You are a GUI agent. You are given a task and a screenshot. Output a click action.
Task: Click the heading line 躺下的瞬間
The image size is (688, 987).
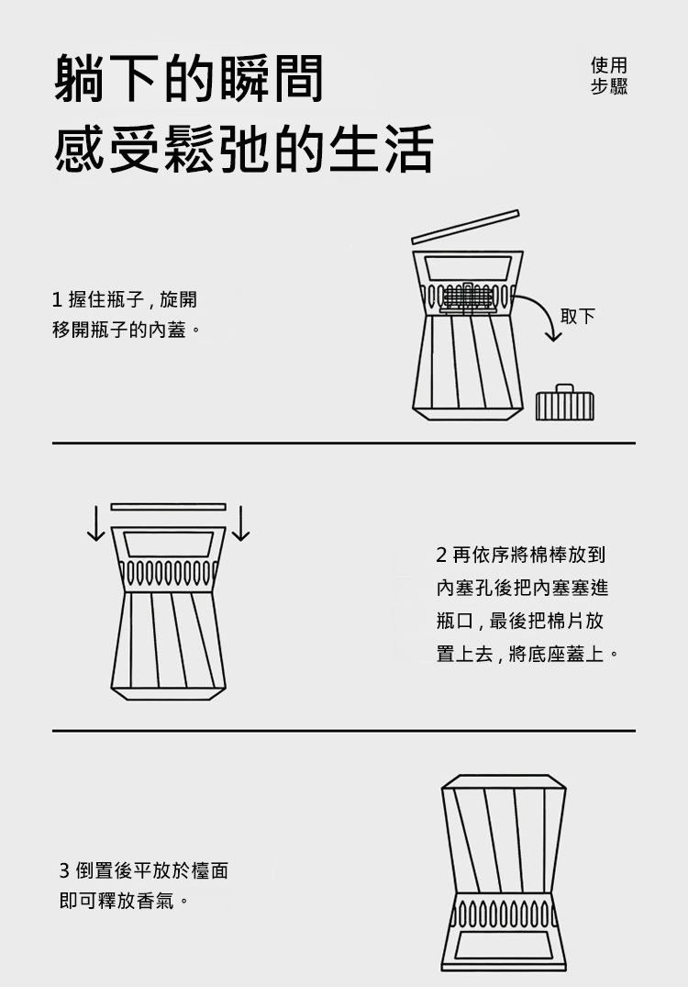pyautogui.click(x=189, y=78)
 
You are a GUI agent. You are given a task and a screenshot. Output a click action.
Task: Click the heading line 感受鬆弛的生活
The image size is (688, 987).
pyautogui.click(x=244, y=149)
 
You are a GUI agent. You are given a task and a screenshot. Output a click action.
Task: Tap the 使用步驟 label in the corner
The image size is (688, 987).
pyautogui.click(x=609, y=75)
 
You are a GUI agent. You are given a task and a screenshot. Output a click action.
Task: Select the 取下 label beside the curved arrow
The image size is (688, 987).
pyautogui.click(x=577, y=316)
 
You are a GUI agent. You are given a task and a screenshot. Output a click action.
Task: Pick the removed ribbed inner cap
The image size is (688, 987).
pyautogui.click(x=565, y=402)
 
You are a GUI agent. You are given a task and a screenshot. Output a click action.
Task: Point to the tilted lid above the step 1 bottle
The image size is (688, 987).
pyautogui.click(x=465, y=227)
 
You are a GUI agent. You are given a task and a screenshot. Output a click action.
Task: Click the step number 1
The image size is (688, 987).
pyautogui.click(x=57, y=300)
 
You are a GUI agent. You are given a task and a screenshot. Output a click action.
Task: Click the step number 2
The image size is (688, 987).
pyautogui.click(x=441, y=555)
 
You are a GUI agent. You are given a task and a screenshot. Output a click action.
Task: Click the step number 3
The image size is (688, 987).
pyautogui.click(x=64, y=871)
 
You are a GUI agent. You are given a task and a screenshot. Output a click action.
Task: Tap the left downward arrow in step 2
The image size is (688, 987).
pyautogui.click(x=95, y=523)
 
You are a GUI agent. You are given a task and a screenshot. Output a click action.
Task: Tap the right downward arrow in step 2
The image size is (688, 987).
pyautogui.click(x=240, y=523)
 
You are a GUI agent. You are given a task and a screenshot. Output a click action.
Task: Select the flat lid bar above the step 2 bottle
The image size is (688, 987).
pyautogui.click(x=168, y=507)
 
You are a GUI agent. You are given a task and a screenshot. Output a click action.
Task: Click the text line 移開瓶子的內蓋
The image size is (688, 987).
pyautogui.click(x=127, y=330)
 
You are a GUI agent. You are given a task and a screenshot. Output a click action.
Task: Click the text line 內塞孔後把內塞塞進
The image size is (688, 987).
pyautogui.click(x=523, y=588)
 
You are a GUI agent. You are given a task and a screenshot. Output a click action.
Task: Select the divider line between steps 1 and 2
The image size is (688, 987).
pyautogui.click(x=344, y=443)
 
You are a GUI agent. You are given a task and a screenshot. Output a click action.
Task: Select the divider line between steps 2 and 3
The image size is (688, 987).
pyautogui.click(x=344, y=731)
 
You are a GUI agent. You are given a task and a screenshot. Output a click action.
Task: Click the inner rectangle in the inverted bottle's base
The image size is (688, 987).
pyautogui.click(x=504, y=946)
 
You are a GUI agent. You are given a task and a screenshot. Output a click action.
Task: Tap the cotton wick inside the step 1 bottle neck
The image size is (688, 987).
pyautogui.click(x=466, y=298)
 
